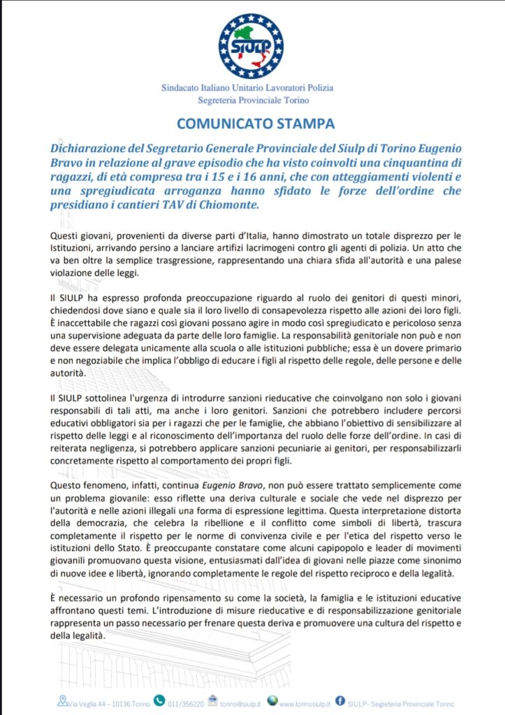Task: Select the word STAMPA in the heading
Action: pos(305,124)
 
